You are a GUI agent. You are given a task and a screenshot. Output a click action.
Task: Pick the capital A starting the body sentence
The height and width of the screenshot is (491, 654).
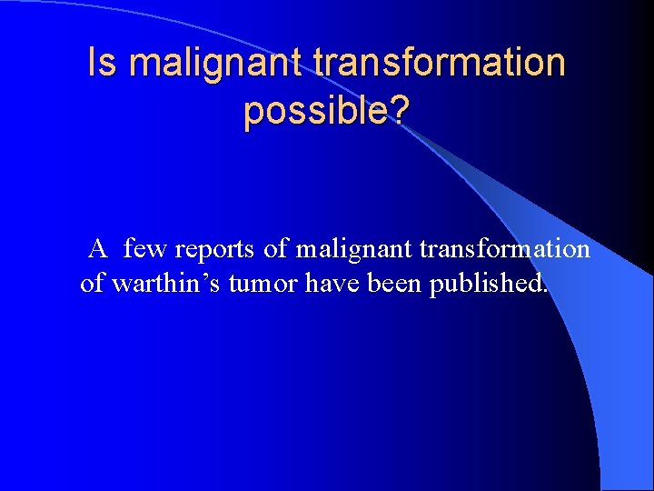click(x=98, y=248)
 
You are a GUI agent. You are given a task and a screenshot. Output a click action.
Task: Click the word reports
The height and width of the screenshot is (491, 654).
click(x=209, y=249)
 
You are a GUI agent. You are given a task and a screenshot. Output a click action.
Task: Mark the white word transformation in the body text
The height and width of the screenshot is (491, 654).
click(x=505, y=248)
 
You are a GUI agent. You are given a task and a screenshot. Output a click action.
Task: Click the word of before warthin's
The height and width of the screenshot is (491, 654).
click(x=93, y=284)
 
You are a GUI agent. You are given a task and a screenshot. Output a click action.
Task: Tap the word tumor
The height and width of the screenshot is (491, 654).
click(x=263, y=284)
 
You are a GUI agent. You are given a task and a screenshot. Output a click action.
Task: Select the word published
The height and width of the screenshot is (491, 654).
click(x=486, y=284)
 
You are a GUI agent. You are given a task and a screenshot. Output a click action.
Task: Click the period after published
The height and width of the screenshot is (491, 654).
click(x=545, y=292)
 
